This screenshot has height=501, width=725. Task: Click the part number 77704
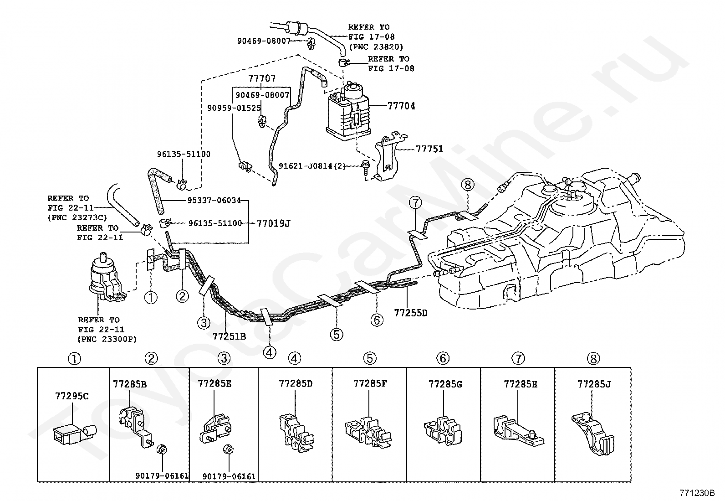401,106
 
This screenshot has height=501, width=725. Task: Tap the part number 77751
429,149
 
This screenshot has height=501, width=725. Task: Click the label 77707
262,78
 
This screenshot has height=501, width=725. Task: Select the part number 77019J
274,223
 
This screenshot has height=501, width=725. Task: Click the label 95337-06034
214,200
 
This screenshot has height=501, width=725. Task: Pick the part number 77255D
411,313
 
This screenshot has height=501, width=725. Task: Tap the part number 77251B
229,336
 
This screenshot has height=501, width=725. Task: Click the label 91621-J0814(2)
312,165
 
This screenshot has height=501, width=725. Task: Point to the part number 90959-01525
234,108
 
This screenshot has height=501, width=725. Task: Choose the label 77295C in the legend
72,396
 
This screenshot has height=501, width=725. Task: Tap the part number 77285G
445,384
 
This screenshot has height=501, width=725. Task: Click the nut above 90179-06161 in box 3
229,449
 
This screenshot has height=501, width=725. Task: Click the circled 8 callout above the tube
468,185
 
